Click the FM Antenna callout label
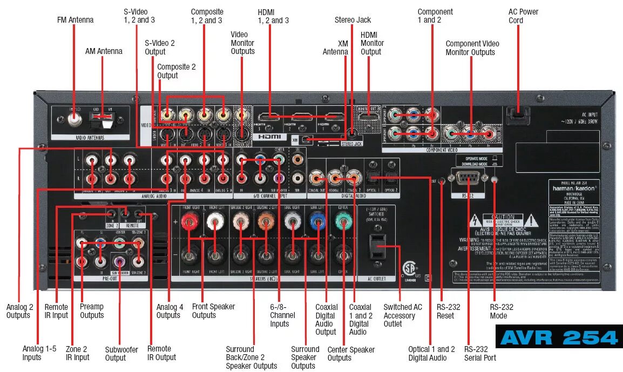[75, 20]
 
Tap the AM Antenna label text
[104, 51]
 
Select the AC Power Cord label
[523, 16]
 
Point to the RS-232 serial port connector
[468, 178]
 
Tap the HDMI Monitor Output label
[372, 43]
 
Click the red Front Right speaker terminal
[189, 221]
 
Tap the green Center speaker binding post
[342, 221]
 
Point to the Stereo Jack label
[353, 20]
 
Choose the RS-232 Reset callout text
[449, 311]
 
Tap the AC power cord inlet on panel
[517, 112]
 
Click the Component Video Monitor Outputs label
[472, 48]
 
